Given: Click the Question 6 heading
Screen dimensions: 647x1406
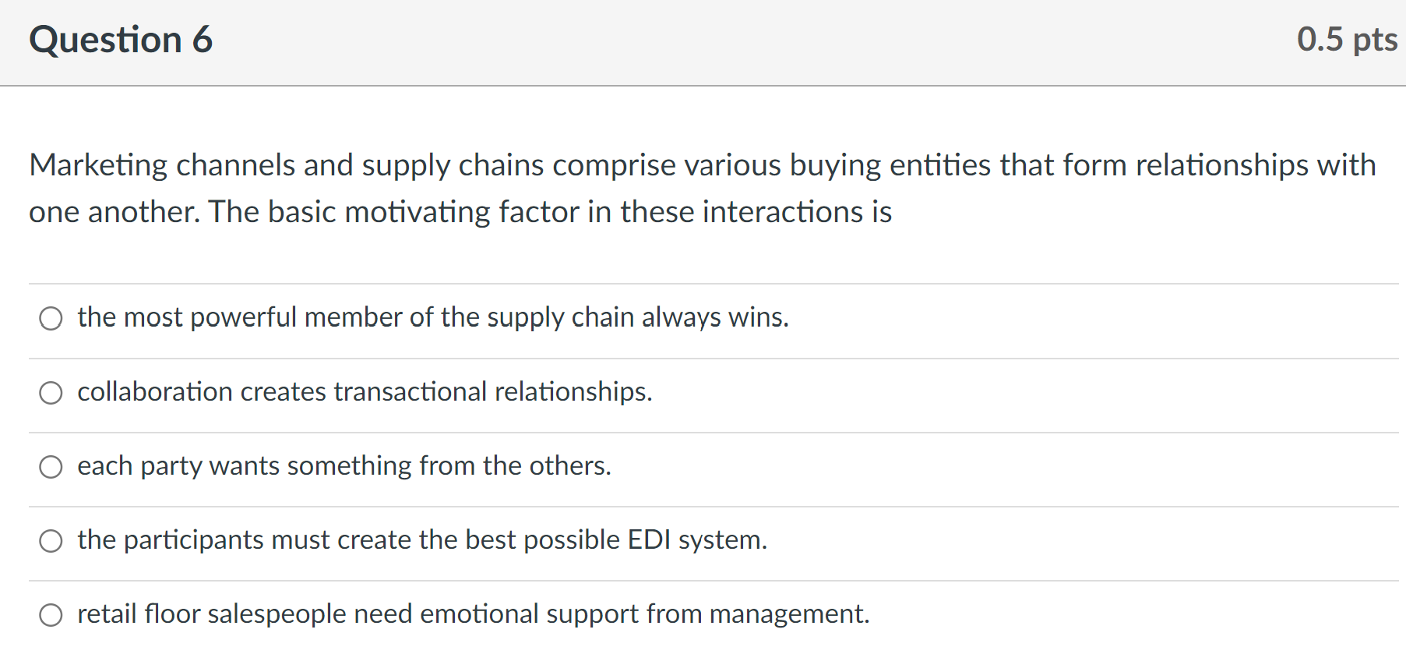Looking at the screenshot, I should (121, 40).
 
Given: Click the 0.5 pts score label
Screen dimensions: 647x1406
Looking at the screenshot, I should (1347, 40).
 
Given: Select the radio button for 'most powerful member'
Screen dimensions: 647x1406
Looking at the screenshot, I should (51, 318).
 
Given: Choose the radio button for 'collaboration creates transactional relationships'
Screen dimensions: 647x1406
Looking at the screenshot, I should (51, 392).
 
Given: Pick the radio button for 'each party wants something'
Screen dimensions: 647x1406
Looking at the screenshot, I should (51, 466).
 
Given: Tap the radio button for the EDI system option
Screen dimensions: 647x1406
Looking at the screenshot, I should (51, 540).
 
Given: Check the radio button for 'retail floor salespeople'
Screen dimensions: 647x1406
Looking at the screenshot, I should (51, 614).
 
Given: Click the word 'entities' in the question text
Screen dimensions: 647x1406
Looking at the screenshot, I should (940, 165).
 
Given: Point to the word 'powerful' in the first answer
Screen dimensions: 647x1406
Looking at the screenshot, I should (243, 317).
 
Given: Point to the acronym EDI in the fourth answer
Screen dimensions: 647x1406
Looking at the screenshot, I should (649, 539).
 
